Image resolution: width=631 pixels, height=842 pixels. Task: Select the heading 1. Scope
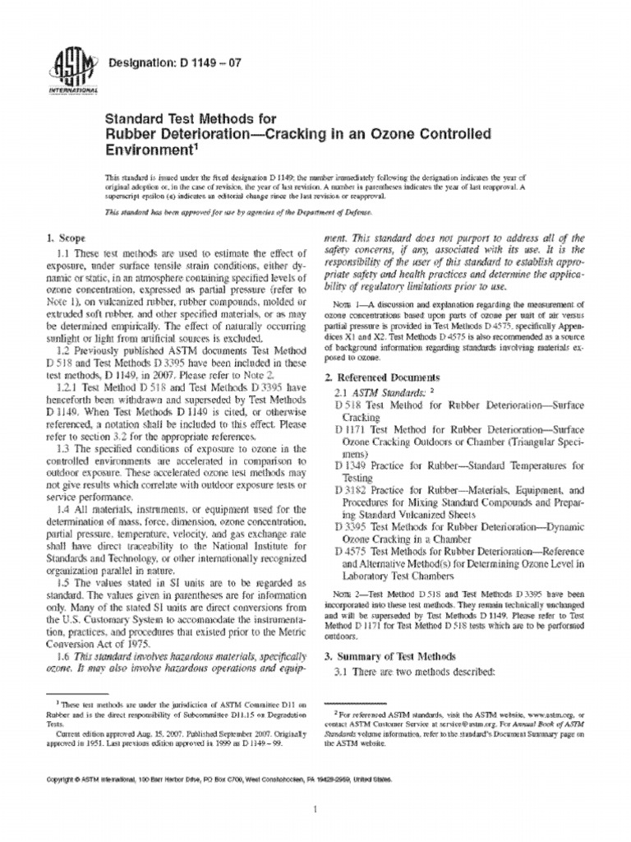pyautogui.click(x=71, y=238)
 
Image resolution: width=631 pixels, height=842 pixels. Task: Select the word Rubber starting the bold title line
pyautogui.click(x=131, y=134)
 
